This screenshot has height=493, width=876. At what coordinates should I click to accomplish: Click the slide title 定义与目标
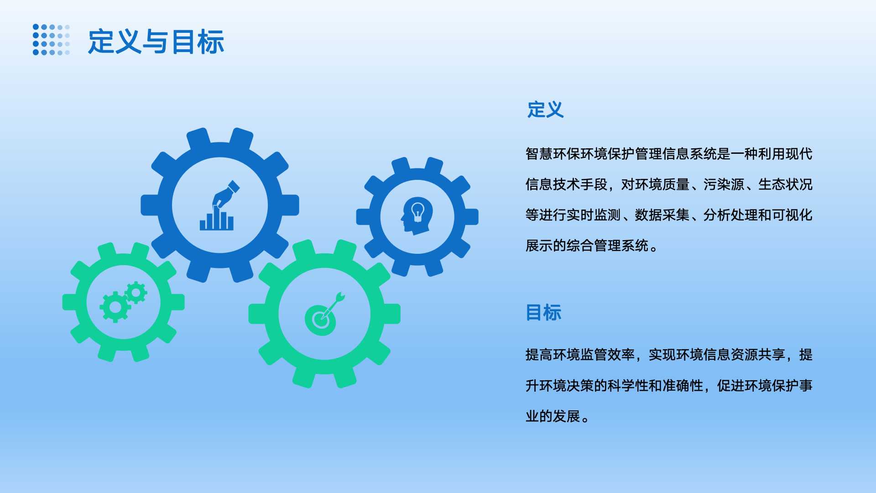[156, 42]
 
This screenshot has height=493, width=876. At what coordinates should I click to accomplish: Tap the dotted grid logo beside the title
[52, 40]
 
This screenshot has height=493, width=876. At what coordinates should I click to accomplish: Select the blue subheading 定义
[545, 110]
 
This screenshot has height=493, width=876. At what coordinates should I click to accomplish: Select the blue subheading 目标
[543, 313]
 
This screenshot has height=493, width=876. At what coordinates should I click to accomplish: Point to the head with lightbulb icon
[417, 216]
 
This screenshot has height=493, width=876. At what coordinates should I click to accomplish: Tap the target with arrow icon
[324, 315]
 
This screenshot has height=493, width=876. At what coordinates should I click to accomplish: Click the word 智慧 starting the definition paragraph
[539, 154]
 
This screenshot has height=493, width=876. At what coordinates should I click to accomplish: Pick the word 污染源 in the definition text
[724, 184]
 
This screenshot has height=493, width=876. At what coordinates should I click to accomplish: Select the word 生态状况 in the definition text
[785, 184]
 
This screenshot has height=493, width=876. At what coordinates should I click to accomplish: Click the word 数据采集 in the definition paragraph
[662, 215]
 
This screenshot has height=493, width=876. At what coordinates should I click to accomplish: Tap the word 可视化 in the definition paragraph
[792, 215]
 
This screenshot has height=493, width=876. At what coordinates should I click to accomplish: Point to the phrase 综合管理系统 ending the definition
[607, 246]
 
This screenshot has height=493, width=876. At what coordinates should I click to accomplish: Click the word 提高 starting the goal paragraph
[539, 355]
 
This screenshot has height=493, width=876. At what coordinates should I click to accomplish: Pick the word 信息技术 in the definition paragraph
[553, 184]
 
